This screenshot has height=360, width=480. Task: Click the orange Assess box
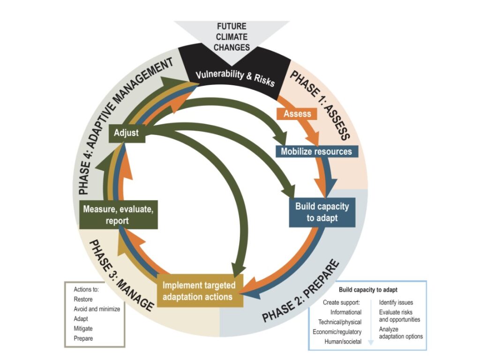point(298,113)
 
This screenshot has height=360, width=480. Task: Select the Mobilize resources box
point(316,151)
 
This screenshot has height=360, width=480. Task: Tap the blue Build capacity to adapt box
point(322,211)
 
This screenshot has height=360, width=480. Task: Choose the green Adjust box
point(127,133)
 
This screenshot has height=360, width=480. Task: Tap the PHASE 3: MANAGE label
point(120,274)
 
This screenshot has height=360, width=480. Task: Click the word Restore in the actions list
point(83,299)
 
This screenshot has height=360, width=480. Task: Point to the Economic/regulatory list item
point(337,332)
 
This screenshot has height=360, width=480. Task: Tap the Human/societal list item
point(343,342)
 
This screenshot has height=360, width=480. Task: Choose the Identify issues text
point(396,302)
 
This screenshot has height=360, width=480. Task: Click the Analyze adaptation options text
point(401,333)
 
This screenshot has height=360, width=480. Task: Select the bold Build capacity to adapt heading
point(367,290)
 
